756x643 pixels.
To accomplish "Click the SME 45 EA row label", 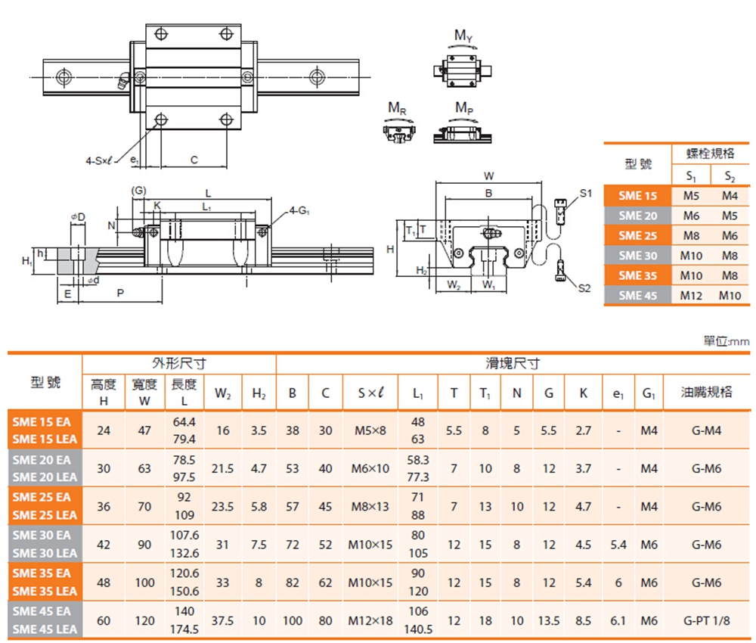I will tap(42, 610).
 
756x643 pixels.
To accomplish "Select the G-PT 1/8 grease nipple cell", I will tap(706, 620).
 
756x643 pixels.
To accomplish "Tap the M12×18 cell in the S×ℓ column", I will tap(370, 620).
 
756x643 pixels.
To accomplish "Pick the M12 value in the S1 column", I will tap(690, 295).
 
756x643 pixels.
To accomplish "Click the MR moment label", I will tap(397, 109).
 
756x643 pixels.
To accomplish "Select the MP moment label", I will tap(464, 109).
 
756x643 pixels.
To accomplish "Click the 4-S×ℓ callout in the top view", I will tap(98, 160).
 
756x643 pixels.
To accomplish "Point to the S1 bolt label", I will tap(584, 194).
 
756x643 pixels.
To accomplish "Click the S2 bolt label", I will tap(584, 287).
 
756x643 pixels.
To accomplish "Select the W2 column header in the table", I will tap(223, 393).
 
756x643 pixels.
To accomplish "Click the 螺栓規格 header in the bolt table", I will tap(710, 154).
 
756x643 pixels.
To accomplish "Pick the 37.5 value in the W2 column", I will tap(223, 620).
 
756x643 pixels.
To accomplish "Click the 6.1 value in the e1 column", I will tap(618, 620).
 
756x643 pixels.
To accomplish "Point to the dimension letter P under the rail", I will tap(121, 293).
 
